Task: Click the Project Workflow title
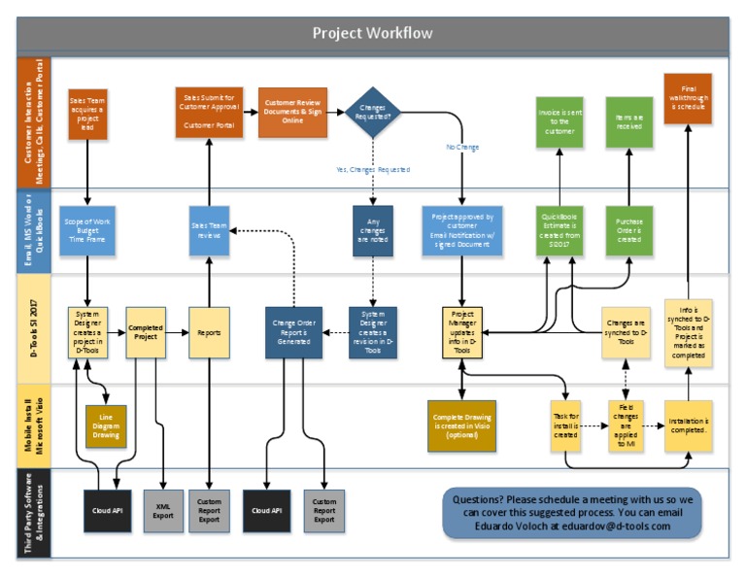(372, 33)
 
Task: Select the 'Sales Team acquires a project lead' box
(88, 113)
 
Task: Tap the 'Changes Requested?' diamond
(374, 114)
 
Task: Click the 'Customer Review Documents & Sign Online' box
(293, 113)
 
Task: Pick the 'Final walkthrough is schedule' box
(688, 98)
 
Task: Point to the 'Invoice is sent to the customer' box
(559, 122)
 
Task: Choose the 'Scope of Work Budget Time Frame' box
(88, 230)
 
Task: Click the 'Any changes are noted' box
(374, 230)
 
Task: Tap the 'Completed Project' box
(146, 332)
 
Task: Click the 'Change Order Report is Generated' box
(293, 333)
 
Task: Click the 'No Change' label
(462, 147)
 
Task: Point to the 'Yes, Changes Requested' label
(372, 169)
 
